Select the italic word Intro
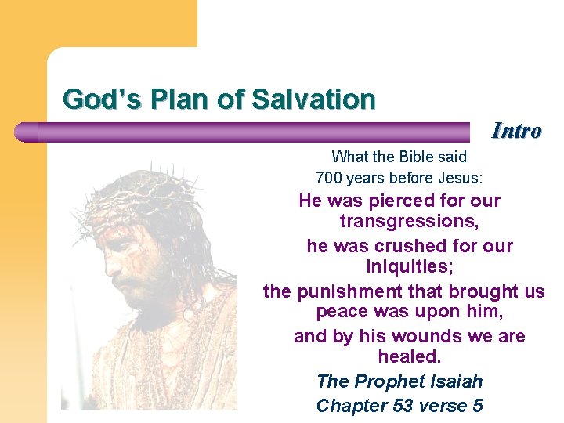(516, 130)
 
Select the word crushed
(414, 246)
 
